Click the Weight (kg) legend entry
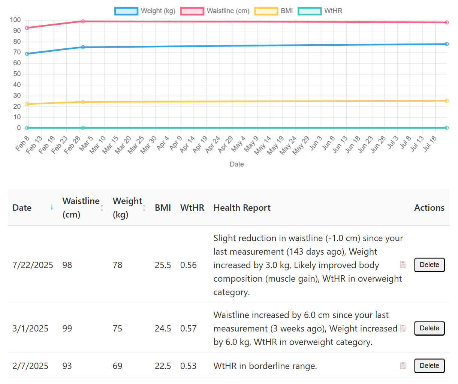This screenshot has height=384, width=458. pyautogui.click(x=145, y=11)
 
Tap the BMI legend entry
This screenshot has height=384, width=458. pyautogui.click(x=274, y=11)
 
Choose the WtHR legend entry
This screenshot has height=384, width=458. pyautogui.click(x=320, y=11)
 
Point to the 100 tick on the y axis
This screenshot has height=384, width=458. pyautogui.click(x=15, y=20)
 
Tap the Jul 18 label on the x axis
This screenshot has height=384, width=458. pyautogui.click(x=430, y=144)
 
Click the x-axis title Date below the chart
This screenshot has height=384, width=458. pyautogui.click(x=236, y=164)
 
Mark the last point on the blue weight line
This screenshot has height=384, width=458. pyautogui.click(x=446, y=44)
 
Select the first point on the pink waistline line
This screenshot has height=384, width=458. pyautogui.click(x=27, y=28)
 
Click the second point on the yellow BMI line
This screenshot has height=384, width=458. pyautogui.click(x=83, y=102)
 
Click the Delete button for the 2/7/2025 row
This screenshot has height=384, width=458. pyautogui.click(x=429, y=366)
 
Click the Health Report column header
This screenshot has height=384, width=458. pyautogui.click(x=242, y=208)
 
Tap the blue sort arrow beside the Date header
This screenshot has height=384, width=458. pyautogui.click(x=52, y=207)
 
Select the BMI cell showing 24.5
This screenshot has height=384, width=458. pyautogui.click(x=163, y=328)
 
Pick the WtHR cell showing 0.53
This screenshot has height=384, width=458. pyautogui.click(x=188, y=366)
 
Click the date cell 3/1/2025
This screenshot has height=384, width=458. pyautogui.click(x=30, y=328)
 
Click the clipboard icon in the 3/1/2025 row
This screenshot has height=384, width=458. pyautogui.click(x=403, y=328)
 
